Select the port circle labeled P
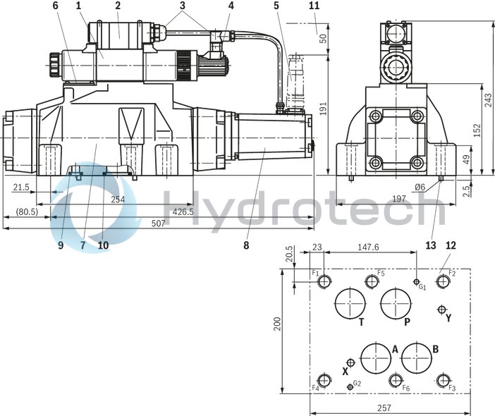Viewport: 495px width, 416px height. tap(396, 304)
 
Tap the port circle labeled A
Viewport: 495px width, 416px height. tap(375, 358)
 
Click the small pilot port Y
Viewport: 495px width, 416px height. tap(442, 309)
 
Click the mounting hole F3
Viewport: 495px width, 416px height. tap(442, 379)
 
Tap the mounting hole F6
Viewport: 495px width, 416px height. tap(396, 379)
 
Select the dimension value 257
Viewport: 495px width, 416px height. tap(384, 408)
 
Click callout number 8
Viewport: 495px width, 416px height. tap(246, 246)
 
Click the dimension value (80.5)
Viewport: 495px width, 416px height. tap(26, 212)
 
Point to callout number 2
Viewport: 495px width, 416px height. tap(118, 6)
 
